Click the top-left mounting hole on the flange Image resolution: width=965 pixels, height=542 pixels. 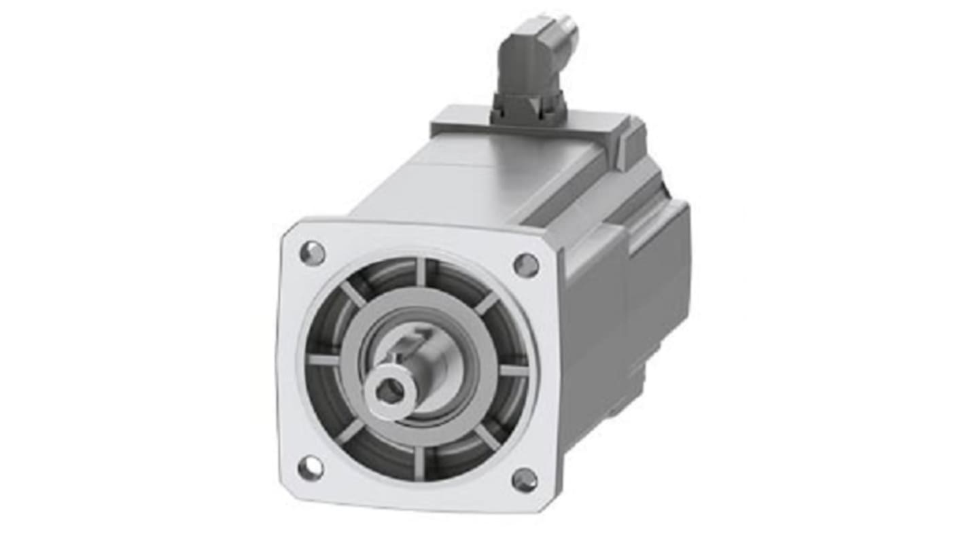(312, 253)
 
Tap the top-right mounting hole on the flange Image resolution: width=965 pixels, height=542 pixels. (526, 265)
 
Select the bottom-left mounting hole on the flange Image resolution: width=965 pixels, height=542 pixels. (310, 468)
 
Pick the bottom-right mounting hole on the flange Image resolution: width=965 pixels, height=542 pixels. (524, 480)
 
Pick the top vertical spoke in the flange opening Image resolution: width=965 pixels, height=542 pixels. (421, 272)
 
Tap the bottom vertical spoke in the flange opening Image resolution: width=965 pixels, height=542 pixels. (419, 461)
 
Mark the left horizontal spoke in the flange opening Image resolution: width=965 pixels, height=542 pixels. (324, 359)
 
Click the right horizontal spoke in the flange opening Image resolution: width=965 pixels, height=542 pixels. (514, 371)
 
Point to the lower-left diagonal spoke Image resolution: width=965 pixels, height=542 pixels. (350, 431)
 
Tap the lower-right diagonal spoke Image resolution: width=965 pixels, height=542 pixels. (487, 437)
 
